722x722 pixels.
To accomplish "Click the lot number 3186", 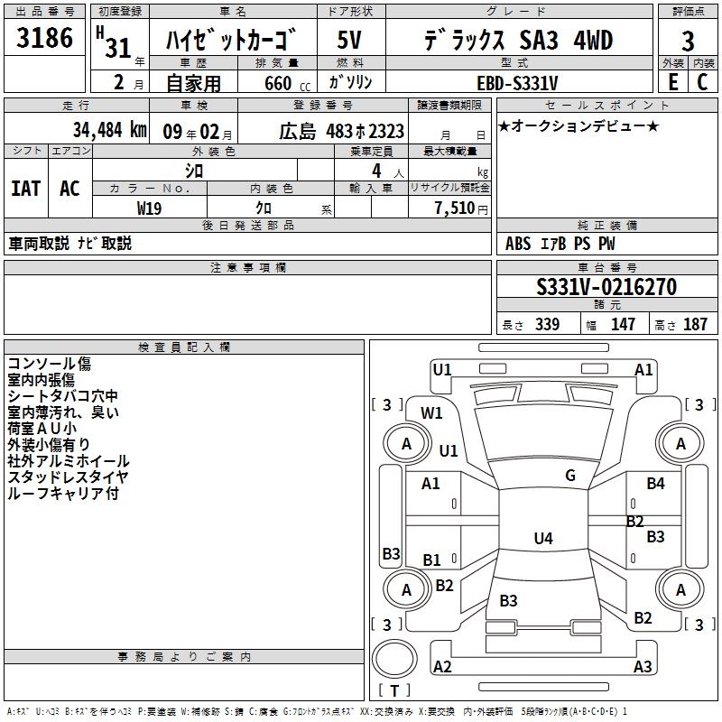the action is tap(44, 38).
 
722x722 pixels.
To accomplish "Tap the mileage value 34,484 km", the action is tap(109, 130).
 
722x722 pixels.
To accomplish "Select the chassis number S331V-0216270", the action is tap(606, 287).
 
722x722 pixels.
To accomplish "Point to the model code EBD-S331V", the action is tap(517, 83).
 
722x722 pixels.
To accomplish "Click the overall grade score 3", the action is tap(688, 42).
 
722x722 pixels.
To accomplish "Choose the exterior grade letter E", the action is tap(673, 82).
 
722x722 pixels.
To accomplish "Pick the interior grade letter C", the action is tap(702, 82).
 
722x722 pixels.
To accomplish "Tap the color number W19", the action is tap(149, 208).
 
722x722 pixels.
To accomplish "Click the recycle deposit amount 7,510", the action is tap(455, 208).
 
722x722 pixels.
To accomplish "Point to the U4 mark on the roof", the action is tap(543, 538).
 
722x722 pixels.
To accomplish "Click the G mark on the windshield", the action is tap(570, 476).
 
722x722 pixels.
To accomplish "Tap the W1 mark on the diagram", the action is tap(431, 413).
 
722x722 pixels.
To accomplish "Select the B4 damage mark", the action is tap(656, 483).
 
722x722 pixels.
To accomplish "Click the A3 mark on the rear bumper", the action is tap(643, 666).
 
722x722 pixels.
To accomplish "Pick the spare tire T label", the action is tap(394, 690).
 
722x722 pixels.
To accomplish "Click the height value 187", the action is tap(695, 324).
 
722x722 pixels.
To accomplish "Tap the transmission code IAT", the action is tap(26, 189).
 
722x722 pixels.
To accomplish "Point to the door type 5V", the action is tap(349, 40).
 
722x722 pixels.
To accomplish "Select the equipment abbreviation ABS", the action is tap(518, 243).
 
